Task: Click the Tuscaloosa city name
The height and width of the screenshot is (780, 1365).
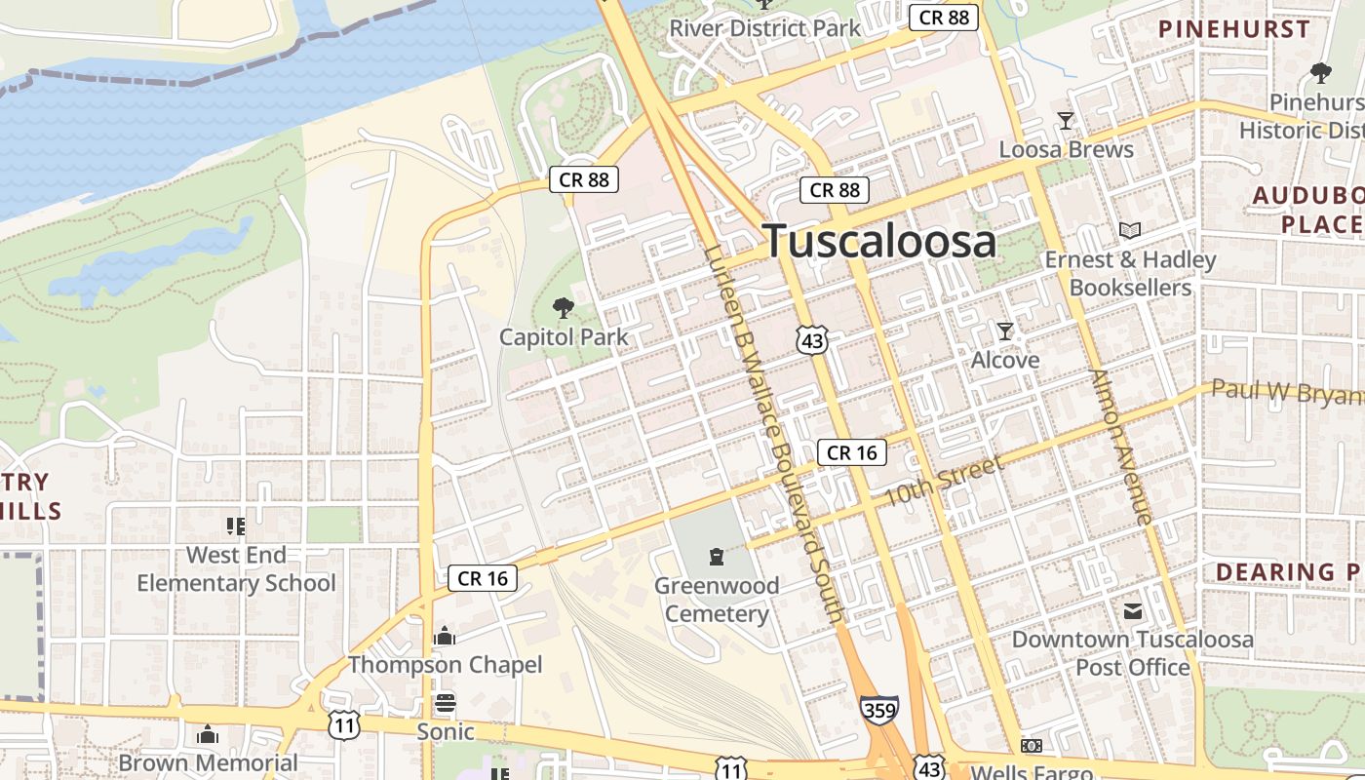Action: [879, 241]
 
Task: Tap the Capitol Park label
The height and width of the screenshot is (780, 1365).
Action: [564, 337]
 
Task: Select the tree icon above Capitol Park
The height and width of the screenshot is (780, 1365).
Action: [563, 309]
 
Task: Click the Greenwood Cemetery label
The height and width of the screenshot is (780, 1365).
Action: [717, 600]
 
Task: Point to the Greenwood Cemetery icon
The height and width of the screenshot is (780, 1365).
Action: [717, 557]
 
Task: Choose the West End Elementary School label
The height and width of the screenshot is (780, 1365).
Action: [236, 569]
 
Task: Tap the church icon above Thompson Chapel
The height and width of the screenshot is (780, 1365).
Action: [445, 637]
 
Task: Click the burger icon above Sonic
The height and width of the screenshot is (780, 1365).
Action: [446, 703]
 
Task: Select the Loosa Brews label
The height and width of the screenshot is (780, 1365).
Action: [1066, 149]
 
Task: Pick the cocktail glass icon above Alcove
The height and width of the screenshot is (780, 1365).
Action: [1005, 331]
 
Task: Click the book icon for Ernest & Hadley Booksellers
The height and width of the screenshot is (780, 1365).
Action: [1130, 231]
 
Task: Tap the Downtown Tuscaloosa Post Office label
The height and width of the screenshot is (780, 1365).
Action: [1133, 653]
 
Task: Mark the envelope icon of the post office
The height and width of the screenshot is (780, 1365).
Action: [1132, 611]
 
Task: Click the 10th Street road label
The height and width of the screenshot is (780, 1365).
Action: [943, 482]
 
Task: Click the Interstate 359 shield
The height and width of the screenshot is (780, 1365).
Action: [878, 710]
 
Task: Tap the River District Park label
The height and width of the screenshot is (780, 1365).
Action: [764, 28]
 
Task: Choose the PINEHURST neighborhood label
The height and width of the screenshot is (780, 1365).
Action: [1233, 29]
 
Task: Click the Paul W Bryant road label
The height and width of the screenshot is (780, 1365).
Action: [1287, 392]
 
